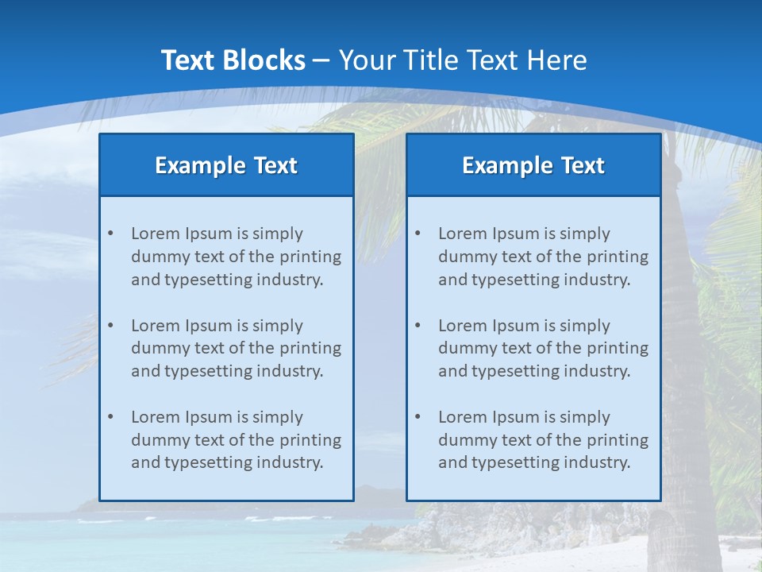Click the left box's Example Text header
(x=226, y=165)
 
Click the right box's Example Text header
(x=533, y=165)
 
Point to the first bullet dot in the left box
(x=110, y=234)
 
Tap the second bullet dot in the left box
(x=110, y=326)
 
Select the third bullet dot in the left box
(x=110, y=417)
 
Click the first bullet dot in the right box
(x=418, y=234)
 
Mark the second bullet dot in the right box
(x=418, y=326)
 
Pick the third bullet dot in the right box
(x=418, y=417)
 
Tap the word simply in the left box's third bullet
(x=278, y=417)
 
